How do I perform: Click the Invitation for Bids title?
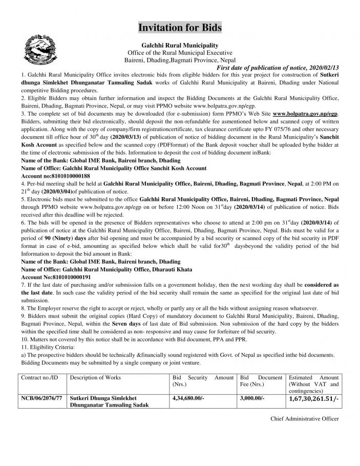[x=180, y=27]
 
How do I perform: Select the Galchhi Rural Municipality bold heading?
[x=180, y=46]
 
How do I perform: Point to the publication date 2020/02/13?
[x=322, y=68]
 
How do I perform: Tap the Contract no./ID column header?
[x=40, y=377]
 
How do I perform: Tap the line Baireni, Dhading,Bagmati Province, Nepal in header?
[x=180, y=60]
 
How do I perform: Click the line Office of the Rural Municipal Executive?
[x=180, y=53]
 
